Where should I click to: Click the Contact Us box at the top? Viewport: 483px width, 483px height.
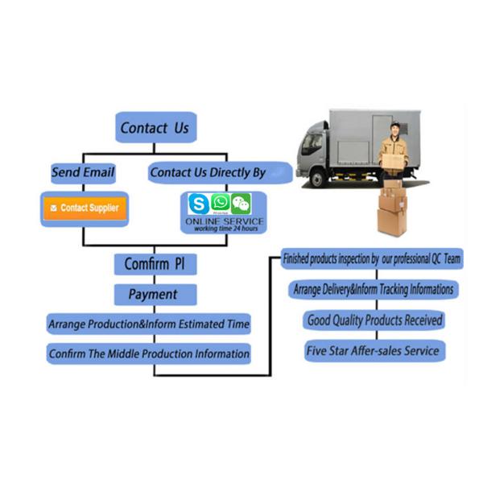point(155,128)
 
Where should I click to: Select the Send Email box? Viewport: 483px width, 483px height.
point(83,172)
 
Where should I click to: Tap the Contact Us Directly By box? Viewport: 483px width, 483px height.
point(208,172)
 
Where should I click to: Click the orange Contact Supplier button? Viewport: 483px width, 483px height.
point(84,208)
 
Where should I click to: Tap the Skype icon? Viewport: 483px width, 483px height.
point(198,204)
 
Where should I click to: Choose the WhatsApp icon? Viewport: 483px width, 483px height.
point(220,203)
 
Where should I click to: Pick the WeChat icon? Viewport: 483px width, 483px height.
point(240,204)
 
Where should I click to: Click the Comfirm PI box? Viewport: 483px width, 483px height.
point(155,263)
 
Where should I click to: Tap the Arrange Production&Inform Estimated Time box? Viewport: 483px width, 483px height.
point(149,324)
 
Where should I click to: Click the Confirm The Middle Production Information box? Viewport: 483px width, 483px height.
point(149,353)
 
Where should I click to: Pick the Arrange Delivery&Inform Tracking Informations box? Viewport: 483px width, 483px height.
point(371,289)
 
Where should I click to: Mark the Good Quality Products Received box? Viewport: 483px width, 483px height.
point(374,320)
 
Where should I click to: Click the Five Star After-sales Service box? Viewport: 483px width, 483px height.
point(372,351)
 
